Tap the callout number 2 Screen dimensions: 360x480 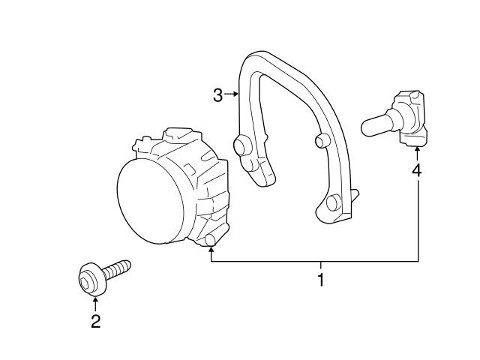pyautogui.click(x=95, y=322)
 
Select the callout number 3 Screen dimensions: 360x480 pyautogui.click(x=218, y=95)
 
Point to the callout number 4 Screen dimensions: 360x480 pyautogui.click(x=416, y=171)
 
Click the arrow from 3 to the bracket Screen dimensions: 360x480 pyautogui.click(x=232, y=95)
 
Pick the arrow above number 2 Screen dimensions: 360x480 pyautogui.click(x=95, y=303)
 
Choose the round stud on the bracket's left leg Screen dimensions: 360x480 pyautogui.click(x=243, y=146)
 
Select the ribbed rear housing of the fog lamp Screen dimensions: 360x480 pyautogui.click(x=202, y=176)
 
